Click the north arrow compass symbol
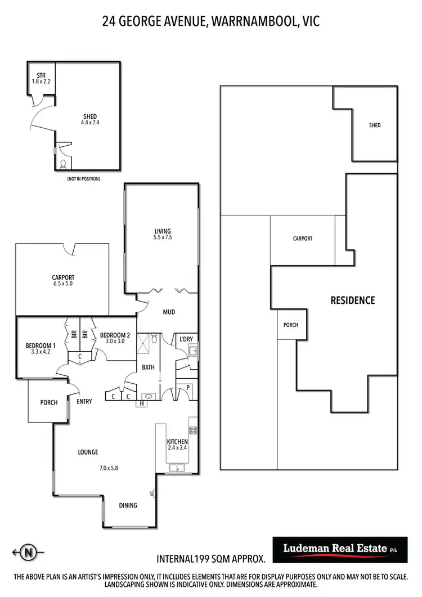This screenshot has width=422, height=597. click(26, 553)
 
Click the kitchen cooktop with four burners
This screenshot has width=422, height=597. click(192, 430)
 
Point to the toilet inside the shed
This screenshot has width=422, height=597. click(63, 164)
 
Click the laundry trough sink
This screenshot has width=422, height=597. click(192, 352)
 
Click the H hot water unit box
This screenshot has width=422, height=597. click(141, 403)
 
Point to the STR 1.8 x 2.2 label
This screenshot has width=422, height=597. click(41, 78)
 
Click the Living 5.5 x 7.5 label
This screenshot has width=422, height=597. click(163, 234)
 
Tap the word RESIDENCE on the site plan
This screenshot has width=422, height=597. click(352, 300)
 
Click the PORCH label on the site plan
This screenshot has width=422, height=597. click(290, 325)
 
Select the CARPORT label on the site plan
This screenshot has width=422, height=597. click(302, 239)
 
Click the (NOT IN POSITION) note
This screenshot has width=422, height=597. click(83, 179)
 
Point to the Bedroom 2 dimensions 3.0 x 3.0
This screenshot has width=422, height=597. click(115, 341)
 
